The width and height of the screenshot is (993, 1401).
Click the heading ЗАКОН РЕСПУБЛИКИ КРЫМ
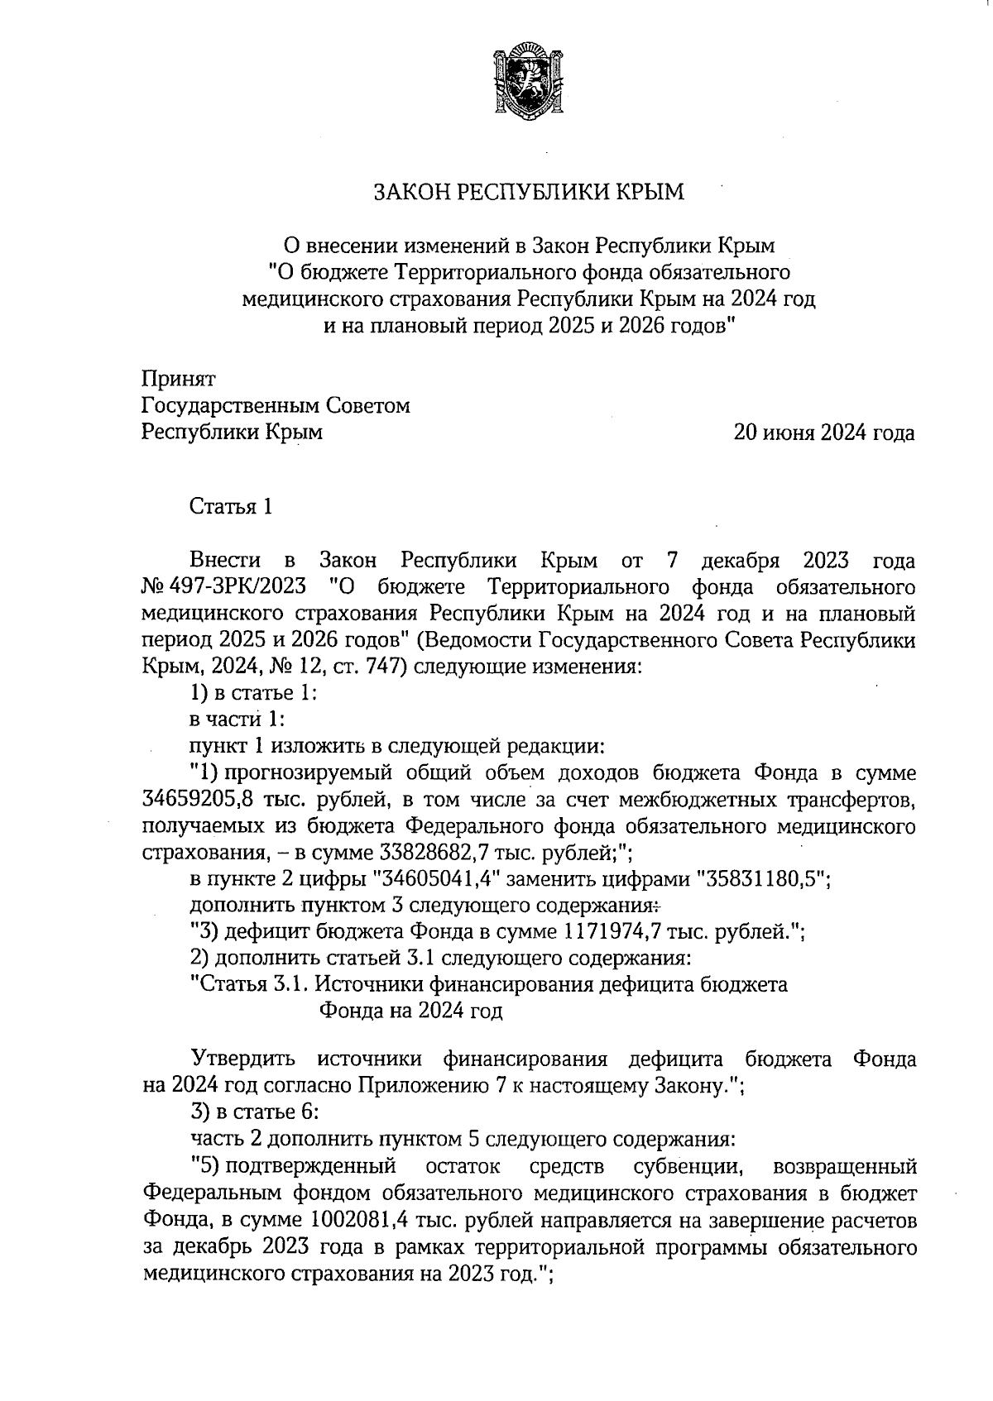(530, 193)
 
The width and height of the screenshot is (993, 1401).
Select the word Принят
(179, 379)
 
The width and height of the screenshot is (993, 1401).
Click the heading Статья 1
(232, 506)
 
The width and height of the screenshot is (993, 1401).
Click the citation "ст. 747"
(364, 666)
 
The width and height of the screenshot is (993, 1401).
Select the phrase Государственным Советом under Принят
(276, 406)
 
